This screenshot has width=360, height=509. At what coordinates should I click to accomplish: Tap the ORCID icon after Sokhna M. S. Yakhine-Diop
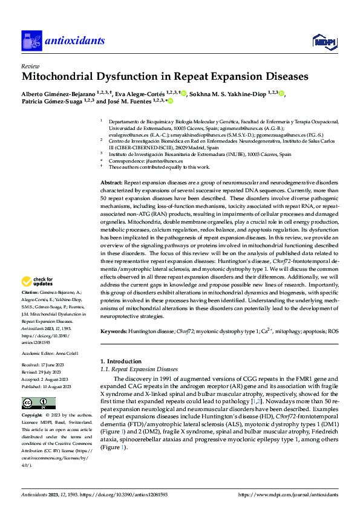(x=281, y=94)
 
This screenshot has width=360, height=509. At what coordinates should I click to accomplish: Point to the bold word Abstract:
(x=111, y=182)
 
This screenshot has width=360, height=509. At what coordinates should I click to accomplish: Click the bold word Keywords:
(x=113, y=332)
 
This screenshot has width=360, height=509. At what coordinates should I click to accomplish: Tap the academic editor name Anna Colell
(x=68, y=354)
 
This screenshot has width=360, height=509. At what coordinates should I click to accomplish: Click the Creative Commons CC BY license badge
(x=38, y=403)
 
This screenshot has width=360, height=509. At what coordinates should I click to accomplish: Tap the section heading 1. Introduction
(x=121, y=361)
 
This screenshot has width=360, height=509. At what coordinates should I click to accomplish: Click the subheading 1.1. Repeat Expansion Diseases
(x=139, y=369)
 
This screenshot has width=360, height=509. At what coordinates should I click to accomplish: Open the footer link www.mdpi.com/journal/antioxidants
(x=290, y=494)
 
